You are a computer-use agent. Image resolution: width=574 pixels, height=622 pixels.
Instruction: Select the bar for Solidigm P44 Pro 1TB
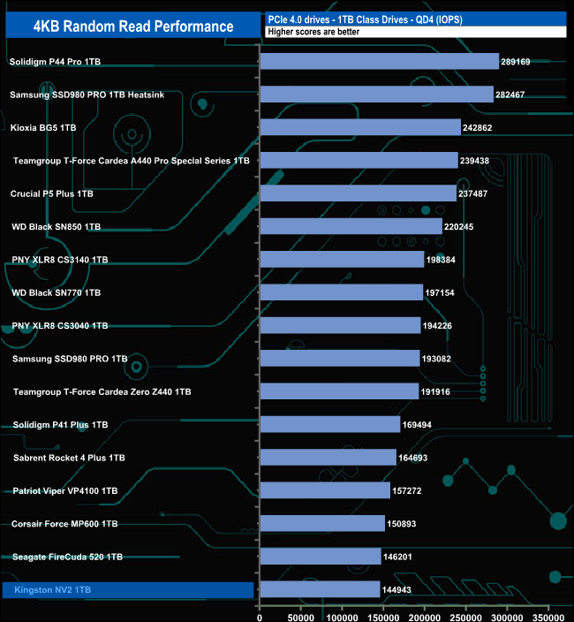pyautogui.click(x=379, y=62)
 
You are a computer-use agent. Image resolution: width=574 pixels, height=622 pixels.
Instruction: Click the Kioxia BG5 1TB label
pyautogui.click(x=43, y=128)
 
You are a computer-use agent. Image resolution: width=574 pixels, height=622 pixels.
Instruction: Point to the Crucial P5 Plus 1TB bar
pyautogui.click(x=358, y=193)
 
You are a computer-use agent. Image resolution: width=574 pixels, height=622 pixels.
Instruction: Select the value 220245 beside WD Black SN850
pyautogui.click(x=460, y=227)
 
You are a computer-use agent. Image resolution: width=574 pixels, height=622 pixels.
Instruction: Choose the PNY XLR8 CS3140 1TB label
pyautogui.click(x=60, y=260)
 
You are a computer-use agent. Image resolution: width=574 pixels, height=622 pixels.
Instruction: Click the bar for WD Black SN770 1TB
pyautogui.click(x=341, y=292)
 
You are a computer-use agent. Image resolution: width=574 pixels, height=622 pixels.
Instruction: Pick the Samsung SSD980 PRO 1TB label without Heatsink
pyautogui.click(x=71, y=359)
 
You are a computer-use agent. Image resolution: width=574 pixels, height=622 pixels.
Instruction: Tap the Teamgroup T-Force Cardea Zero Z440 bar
pyautogui.click(x=339, y=391)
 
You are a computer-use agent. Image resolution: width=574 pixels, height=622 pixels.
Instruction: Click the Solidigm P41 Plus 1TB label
pyautogui.click(x=60, y=425)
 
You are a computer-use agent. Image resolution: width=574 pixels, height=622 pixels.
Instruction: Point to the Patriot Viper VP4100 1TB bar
pyautogui.click(x=324, y=490)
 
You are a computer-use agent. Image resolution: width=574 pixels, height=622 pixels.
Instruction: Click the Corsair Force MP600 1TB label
pyautogui.click(x=64, y=524)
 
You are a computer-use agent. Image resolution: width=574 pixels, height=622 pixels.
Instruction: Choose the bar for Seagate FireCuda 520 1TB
pyautogui.click(x=320, y=557)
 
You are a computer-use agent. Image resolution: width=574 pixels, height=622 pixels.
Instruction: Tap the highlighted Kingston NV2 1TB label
pyautogui.click(x=52, y=589)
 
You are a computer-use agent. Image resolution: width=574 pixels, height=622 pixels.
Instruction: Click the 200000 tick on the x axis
pyautogui.click(x=425, y=613)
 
